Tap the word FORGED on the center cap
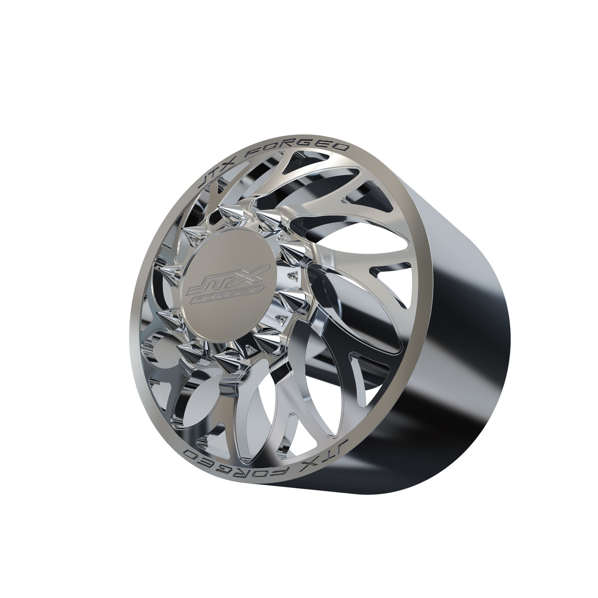(x=228, y=295)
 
